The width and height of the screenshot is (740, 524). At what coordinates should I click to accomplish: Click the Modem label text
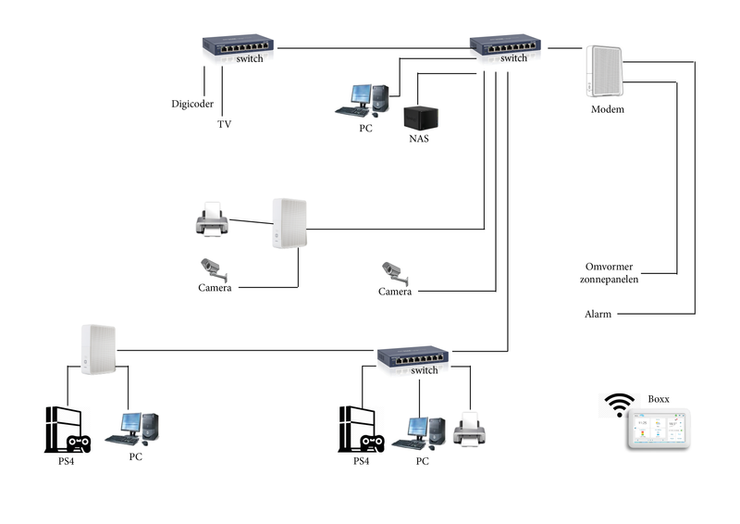tap(607, 109)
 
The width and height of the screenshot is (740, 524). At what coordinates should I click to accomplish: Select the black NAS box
tap(419, 119)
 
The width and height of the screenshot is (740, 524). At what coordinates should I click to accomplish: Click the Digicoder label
tap(192, 103)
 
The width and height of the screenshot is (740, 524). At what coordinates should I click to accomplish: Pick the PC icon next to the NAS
tap(366, 101)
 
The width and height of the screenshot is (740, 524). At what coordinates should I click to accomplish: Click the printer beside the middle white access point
tap(211, 219)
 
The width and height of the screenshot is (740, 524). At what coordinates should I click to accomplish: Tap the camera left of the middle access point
tap(214, 268)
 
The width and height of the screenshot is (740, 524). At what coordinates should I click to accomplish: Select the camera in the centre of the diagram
tap(394, 272)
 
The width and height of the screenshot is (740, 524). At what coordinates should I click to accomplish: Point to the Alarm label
tap(598, 315)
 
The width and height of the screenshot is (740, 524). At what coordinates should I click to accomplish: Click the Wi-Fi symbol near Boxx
tap(620, 405)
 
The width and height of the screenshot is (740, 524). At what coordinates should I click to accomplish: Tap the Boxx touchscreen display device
tap(657, 430)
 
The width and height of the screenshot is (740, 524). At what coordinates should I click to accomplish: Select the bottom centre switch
tap(413, 356)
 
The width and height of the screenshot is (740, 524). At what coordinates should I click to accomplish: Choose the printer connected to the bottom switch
tap(470, 429)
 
